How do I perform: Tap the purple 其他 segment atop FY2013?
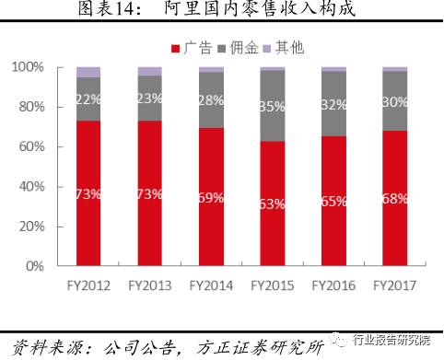pyautogui.click(x=149, y=71)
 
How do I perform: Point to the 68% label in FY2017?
pyautogui.click(x=393, y=197)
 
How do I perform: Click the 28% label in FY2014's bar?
pyautogui.click(x=210, y=99)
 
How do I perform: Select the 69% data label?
pyautogui.click(x=210, y=197)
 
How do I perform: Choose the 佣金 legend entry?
pyautogui.click(x=232, y=47)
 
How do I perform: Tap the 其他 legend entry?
pyautogui.click(x=280, y=47)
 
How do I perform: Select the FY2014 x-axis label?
pyautogui.click(x=210, y=285)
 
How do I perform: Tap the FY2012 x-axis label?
pyautogui.click(x=88, y=285)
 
